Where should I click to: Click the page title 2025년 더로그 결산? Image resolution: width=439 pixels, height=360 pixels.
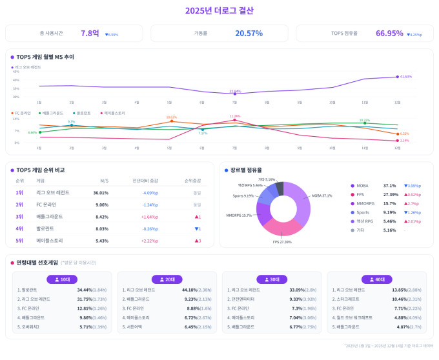coord(219,10)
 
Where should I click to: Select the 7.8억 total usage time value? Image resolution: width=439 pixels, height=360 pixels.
coord(90,34)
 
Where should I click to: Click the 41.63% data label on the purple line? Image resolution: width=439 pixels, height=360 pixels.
coord(405,77)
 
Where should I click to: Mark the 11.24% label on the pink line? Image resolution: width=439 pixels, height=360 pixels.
coord(235,116)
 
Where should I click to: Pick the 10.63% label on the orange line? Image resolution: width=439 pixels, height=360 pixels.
coord(171,117)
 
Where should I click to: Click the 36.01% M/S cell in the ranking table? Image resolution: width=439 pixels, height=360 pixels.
coord(101,192)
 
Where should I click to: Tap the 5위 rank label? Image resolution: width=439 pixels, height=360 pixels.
coord(19,241)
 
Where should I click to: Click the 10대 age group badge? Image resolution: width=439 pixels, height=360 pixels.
coord(63,279)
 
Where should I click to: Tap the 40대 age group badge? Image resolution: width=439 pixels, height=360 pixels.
coord(376,279)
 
